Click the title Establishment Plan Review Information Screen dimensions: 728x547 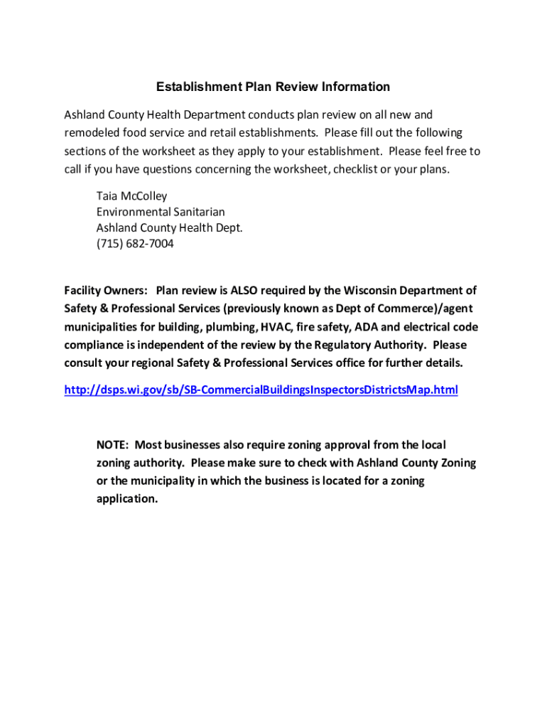[x=273, y=87]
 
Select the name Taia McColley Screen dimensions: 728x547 [x=131, y=196]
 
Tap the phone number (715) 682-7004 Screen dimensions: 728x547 [x=135, y=244]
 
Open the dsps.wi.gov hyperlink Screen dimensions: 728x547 [x=261, y=390]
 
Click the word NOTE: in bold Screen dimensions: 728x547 [x=112, y=445]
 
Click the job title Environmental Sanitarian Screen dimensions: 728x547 [x=161, y=212]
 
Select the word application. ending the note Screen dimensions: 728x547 [x=127, y=498]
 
